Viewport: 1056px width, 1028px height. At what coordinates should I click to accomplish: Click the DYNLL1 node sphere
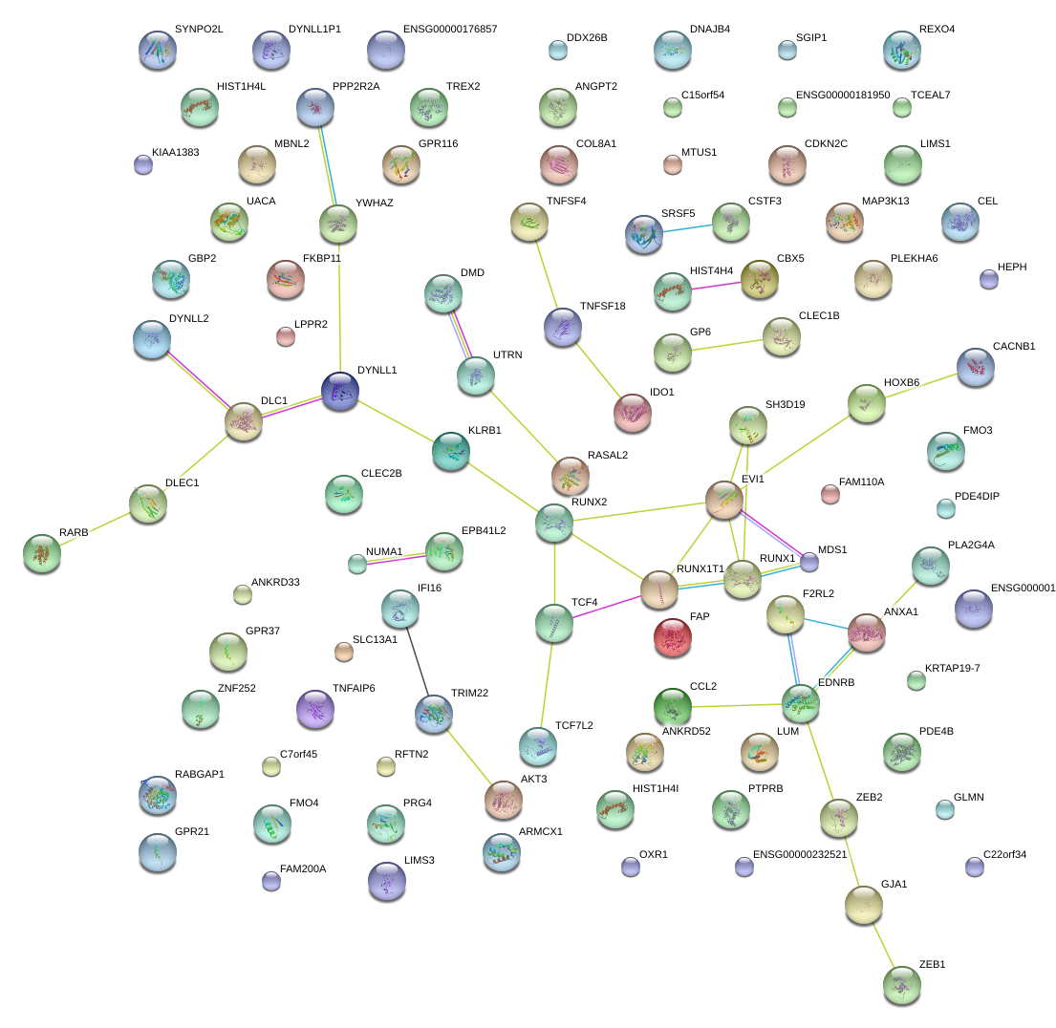[339, 391]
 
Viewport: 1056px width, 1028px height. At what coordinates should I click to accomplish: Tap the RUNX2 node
[554, 522]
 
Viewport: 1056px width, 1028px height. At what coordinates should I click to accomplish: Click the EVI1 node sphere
[724, 500]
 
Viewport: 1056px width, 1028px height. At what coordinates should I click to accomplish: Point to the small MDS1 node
[809, 561]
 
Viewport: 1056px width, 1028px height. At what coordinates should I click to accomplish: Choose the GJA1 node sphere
[864, 905]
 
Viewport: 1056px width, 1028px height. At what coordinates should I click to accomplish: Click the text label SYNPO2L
[199, 30]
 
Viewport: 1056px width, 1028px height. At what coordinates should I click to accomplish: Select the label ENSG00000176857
[450, 30]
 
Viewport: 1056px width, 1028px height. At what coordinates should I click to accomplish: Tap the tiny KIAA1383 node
[143, 164]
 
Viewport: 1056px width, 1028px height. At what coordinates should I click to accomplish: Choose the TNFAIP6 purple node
[315, 708]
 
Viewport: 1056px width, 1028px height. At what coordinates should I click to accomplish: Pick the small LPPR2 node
[285, 336]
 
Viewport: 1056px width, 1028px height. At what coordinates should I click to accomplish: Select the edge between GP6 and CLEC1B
[726, 345]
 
